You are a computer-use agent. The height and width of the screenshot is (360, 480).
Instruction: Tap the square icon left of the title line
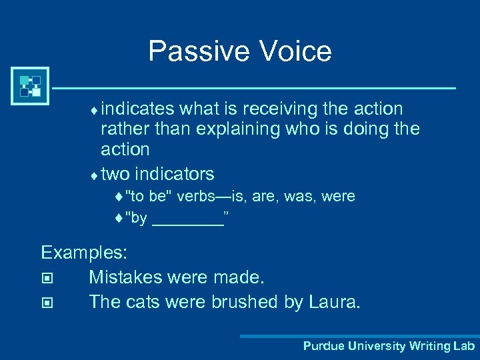30,86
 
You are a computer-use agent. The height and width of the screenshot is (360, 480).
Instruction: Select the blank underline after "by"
187,219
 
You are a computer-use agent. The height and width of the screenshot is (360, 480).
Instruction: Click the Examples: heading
84,253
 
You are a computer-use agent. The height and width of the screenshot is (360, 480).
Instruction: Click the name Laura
335,301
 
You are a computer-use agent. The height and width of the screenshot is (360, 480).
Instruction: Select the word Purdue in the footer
322,346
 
